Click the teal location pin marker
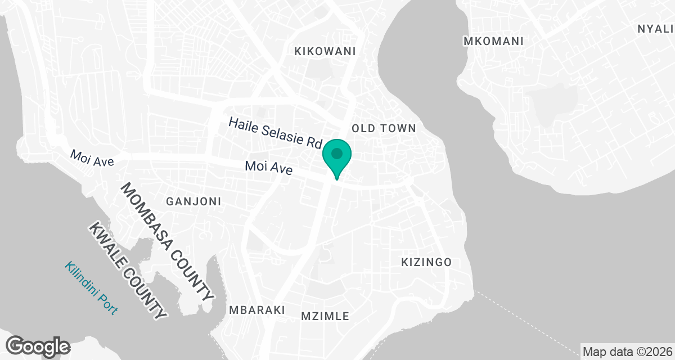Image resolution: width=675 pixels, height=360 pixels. pos(336,157)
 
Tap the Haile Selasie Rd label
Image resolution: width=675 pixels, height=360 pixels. pos(274,133)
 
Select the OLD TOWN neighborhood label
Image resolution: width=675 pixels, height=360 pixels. pos(384,128)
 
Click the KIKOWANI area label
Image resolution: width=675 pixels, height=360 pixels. pos(326,51)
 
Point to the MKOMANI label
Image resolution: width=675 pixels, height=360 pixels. pos(493,41)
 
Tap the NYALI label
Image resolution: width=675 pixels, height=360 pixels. pos(655,29)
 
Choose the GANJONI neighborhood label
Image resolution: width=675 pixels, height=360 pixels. pos(193,201)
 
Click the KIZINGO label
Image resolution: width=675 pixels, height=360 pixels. pos(426,262)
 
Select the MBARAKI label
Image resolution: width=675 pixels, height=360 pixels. pos(257,310)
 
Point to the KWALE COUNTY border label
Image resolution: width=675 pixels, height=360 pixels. pos(128,271)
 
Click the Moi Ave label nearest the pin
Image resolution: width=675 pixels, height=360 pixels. pos(268,167)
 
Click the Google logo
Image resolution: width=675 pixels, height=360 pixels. pos(38,346)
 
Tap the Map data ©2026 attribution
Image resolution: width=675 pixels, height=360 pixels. pos(627,352)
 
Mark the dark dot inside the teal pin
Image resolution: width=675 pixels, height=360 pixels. pos(336,153)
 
